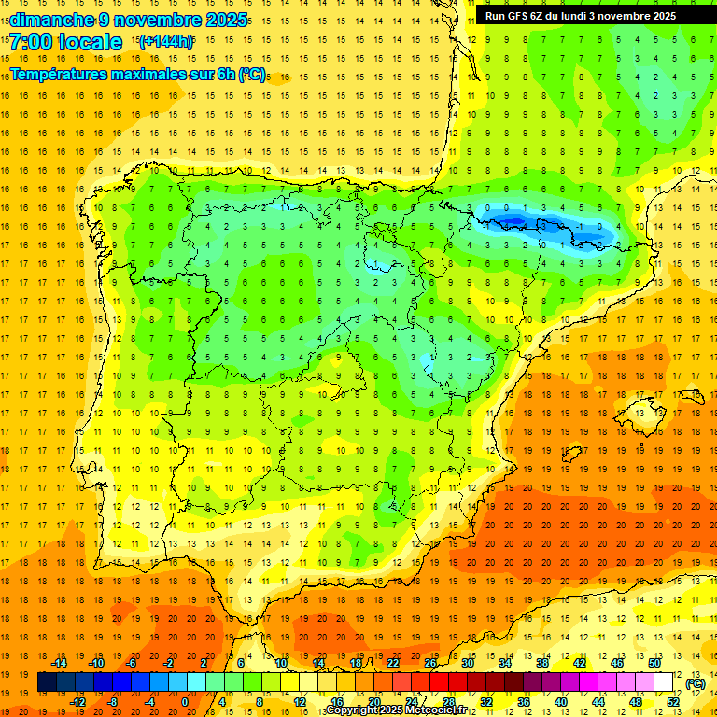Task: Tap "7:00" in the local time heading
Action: click(33, 42)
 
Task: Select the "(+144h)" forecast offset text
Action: click(166, 41)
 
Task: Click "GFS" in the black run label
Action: click(520, 16)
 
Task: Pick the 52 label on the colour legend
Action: click(673, 702)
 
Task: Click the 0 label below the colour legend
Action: click(185, 702)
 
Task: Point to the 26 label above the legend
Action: click(430, 662)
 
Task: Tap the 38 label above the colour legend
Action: click(542, 662)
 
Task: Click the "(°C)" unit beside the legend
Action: click(695, 683)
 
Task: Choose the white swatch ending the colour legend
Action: click(664, 682)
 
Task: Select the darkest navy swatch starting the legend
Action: click(47, 682)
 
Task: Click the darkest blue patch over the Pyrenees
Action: click(509, 220)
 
